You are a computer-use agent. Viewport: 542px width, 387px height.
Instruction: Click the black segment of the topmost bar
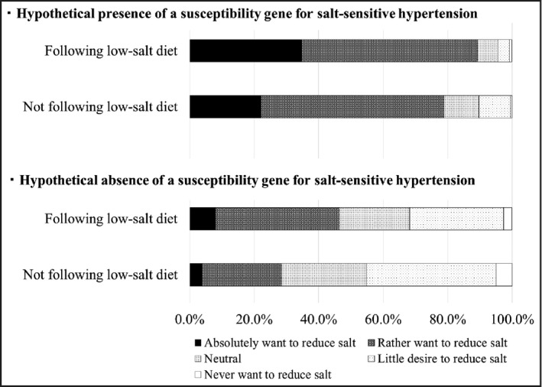pos(245,50)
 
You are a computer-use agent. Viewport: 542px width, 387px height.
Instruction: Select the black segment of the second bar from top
pos(225,107)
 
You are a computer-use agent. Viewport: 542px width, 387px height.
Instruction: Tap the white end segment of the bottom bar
pos(504,274)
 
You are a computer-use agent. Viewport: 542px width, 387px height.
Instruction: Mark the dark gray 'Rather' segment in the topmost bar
pos(389,50)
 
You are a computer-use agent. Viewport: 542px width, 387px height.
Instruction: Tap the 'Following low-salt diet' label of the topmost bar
pos(112,51)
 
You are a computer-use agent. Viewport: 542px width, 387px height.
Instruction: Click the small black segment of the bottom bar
pos(196,274)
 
